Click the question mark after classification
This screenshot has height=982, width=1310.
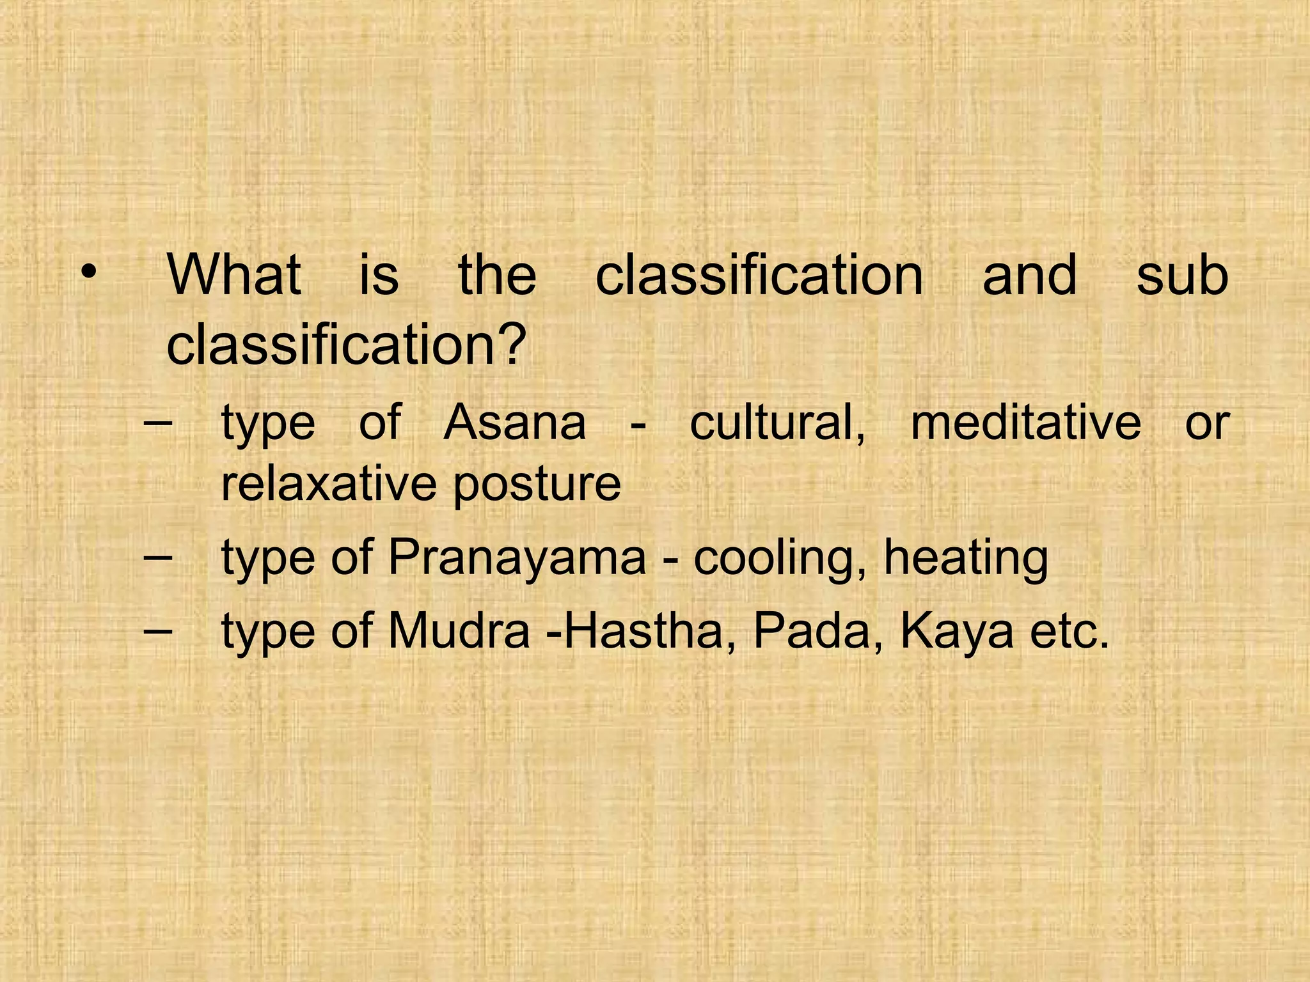click(x=512, y=344)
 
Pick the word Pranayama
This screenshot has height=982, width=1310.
click(x=517, y=558)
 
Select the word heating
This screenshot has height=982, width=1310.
click(x=966, y=558)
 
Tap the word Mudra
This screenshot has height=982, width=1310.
click(x=459, y=631)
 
